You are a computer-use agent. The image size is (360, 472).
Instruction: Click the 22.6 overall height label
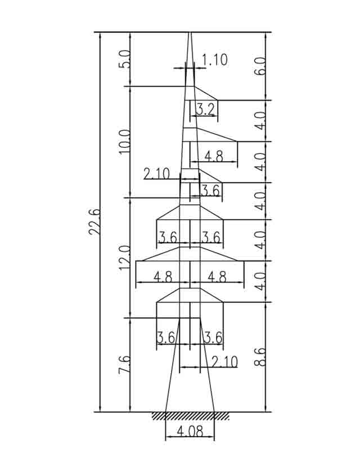tap(94, 221)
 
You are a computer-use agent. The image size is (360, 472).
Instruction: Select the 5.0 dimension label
tap(125, 59)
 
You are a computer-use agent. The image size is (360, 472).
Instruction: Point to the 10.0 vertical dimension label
tap(125, 142)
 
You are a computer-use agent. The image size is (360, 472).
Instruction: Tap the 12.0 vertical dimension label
tap(125, 258)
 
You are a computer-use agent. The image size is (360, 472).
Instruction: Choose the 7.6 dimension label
tap(125, 365)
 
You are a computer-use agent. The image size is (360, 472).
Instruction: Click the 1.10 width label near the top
tap(214, 60)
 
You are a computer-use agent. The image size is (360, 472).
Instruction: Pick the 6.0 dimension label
tap(260, 66)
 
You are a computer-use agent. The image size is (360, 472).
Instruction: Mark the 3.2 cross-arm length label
tap(206, 108)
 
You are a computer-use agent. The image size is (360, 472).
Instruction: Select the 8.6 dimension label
tap(260, 357)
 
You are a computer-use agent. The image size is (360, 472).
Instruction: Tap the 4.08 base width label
tap(190, 432)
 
